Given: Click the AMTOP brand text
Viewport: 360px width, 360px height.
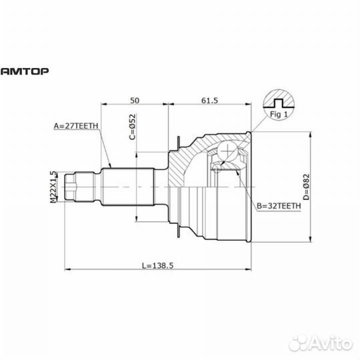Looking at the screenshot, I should click(25, 69).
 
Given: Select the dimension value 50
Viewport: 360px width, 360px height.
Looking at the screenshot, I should click(135, 100).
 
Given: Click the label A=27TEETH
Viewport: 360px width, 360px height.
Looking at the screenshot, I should click(75, 125).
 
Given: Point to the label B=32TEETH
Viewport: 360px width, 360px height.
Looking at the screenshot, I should click(279, 206).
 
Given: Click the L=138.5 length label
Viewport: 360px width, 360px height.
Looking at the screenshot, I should click(157, 264).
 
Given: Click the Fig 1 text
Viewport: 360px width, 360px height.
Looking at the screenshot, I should click(277, 113).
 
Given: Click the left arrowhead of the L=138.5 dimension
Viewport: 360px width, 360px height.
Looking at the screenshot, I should click(68, 269).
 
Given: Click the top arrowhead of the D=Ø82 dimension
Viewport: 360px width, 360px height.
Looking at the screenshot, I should click(311, 134).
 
